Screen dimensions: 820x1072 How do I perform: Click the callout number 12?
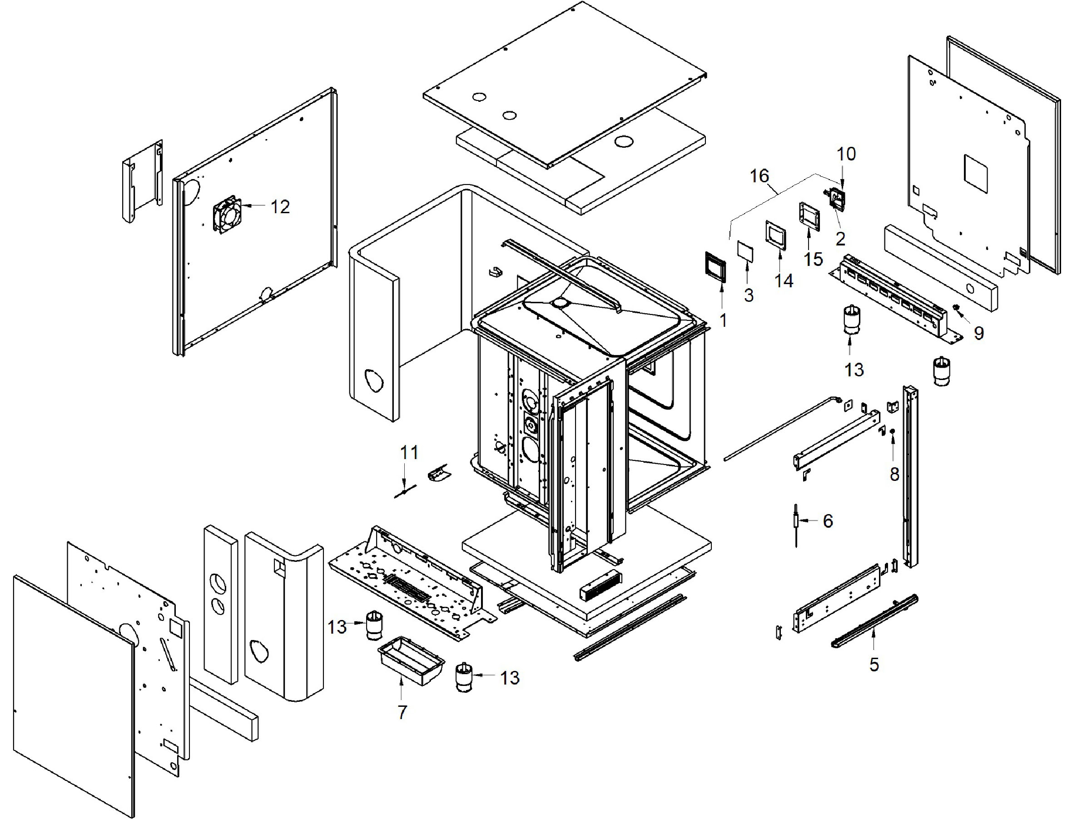[280, 207]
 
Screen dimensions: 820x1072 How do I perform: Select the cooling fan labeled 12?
[227, 214]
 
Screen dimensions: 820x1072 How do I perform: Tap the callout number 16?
[759, 176]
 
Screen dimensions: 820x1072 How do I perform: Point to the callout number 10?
[846, 154]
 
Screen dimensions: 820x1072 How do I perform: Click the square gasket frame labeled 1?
[715, 267]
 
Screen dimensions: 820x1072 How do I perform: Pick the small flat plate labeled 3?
[745, 251]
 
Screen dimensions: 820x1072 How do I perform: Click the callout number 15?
[813, 259]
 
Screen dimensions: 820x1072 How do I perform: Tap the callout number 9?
[978, 333]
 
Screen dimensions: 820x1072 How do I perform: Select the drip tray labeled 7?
[411, 661]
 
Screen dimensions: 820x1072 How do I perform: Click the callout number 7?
[402, 713]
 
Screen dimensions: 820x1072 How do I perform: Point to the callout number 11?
[409, 452]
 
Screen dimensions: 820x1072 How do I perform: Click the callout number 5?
[874, 665]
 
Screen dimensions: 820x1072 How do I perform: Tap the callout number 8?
[894, 474]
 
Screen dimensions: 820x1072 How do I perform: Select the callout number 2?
[840, 239]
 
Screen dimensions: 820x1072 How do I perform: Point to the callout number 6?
[828, 521]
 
